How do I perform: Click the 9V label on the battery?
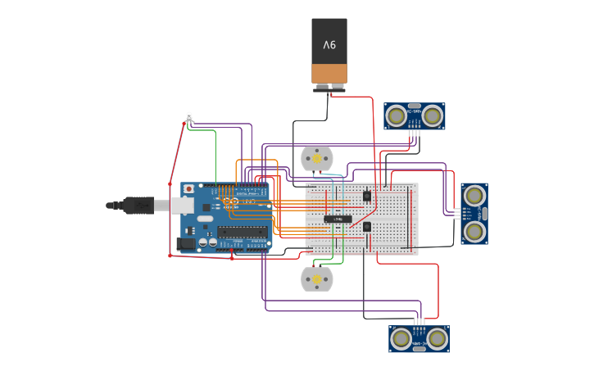(x=329, y=44)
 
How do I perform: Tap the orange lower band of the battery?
(x=329, y=74)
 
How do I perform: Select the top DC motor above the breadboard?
(x=317, y=159)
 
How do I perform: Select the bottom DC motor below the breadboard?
(x=317, y=279)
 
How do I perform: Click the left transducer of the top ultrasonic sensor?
(x=397, y=116)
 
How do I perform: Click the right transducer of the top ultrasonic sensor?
(x=433, y=116)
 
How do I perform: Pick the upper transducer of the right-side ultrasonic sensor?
(x=474, y=196)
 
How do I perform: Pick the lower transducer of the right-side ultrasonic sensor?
(x=474, y=232)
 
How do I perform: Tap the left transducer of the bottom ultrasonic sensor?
(x=401, y=338)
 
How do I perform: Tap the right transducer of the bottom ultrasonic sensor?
(x=437, y=338)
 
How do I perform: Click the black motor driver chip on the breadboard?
(x=338, y=219)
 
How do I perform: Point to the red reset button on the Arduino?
(x=189, y=189)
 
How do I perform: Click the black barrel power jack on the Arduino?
(x=187, y=243)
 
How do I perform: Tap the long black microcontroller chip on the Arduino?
(x=243, y=232)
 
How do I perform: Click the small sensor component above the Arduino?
(x=189, y=117)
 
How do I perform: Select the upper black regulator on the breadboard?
(x=366, y=195)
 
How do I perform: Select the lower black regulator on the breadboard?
(x=367, y=227)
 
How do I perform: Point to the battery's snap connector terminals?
(x=329, y=87)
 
